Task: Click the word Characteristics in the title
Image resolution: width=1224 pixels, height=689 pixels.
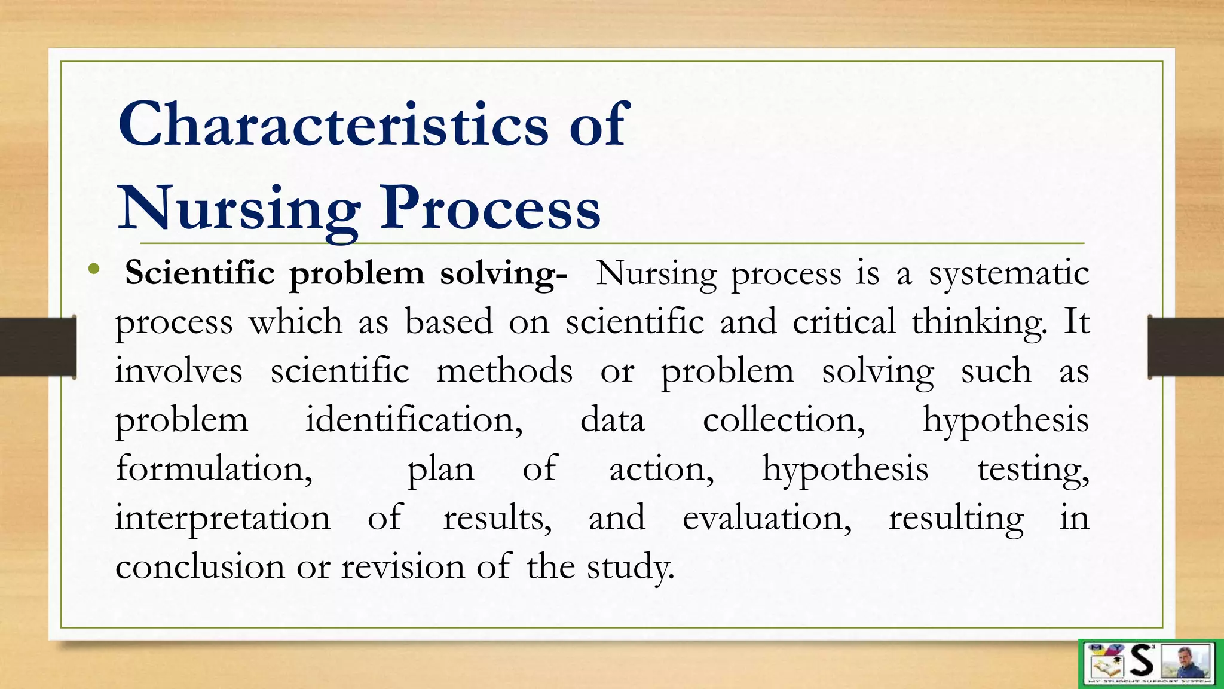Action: coord(333,124)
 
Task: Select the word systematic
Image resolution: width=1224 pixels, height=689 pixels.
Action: coord(1009,274)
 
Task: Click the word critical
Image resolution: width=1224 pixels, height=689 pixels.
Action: coord(844,322)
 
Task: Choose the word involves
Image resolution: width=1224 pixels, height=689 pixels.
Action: coord(179,371)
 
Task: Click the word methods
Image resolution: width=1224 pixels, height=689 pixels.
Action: coord(504,371)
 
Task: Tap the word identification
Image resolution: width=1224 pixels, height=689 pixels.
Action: coord(414,420)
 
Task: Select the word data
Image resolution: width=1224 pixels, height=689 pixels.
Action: coord(613,420)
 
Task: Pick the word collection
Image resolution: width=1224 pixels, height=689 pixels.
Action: coord(784,420)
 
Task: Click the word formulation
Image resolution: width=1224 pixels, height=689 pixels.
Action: coord(214,468)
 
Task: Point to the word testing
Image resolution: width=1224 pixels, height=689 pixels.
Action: coord(1033,470)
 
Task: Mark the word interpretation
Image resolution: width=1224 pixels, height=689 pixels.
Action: coord(222,518)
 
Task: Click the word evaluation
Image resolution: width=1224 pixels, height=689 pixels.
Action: coord(767,518)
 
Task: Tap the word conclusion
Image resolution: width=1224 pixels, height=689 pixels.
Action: coord(200,566)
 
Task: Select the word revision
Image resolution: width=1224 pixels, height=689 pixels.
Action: coord(402,566)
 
